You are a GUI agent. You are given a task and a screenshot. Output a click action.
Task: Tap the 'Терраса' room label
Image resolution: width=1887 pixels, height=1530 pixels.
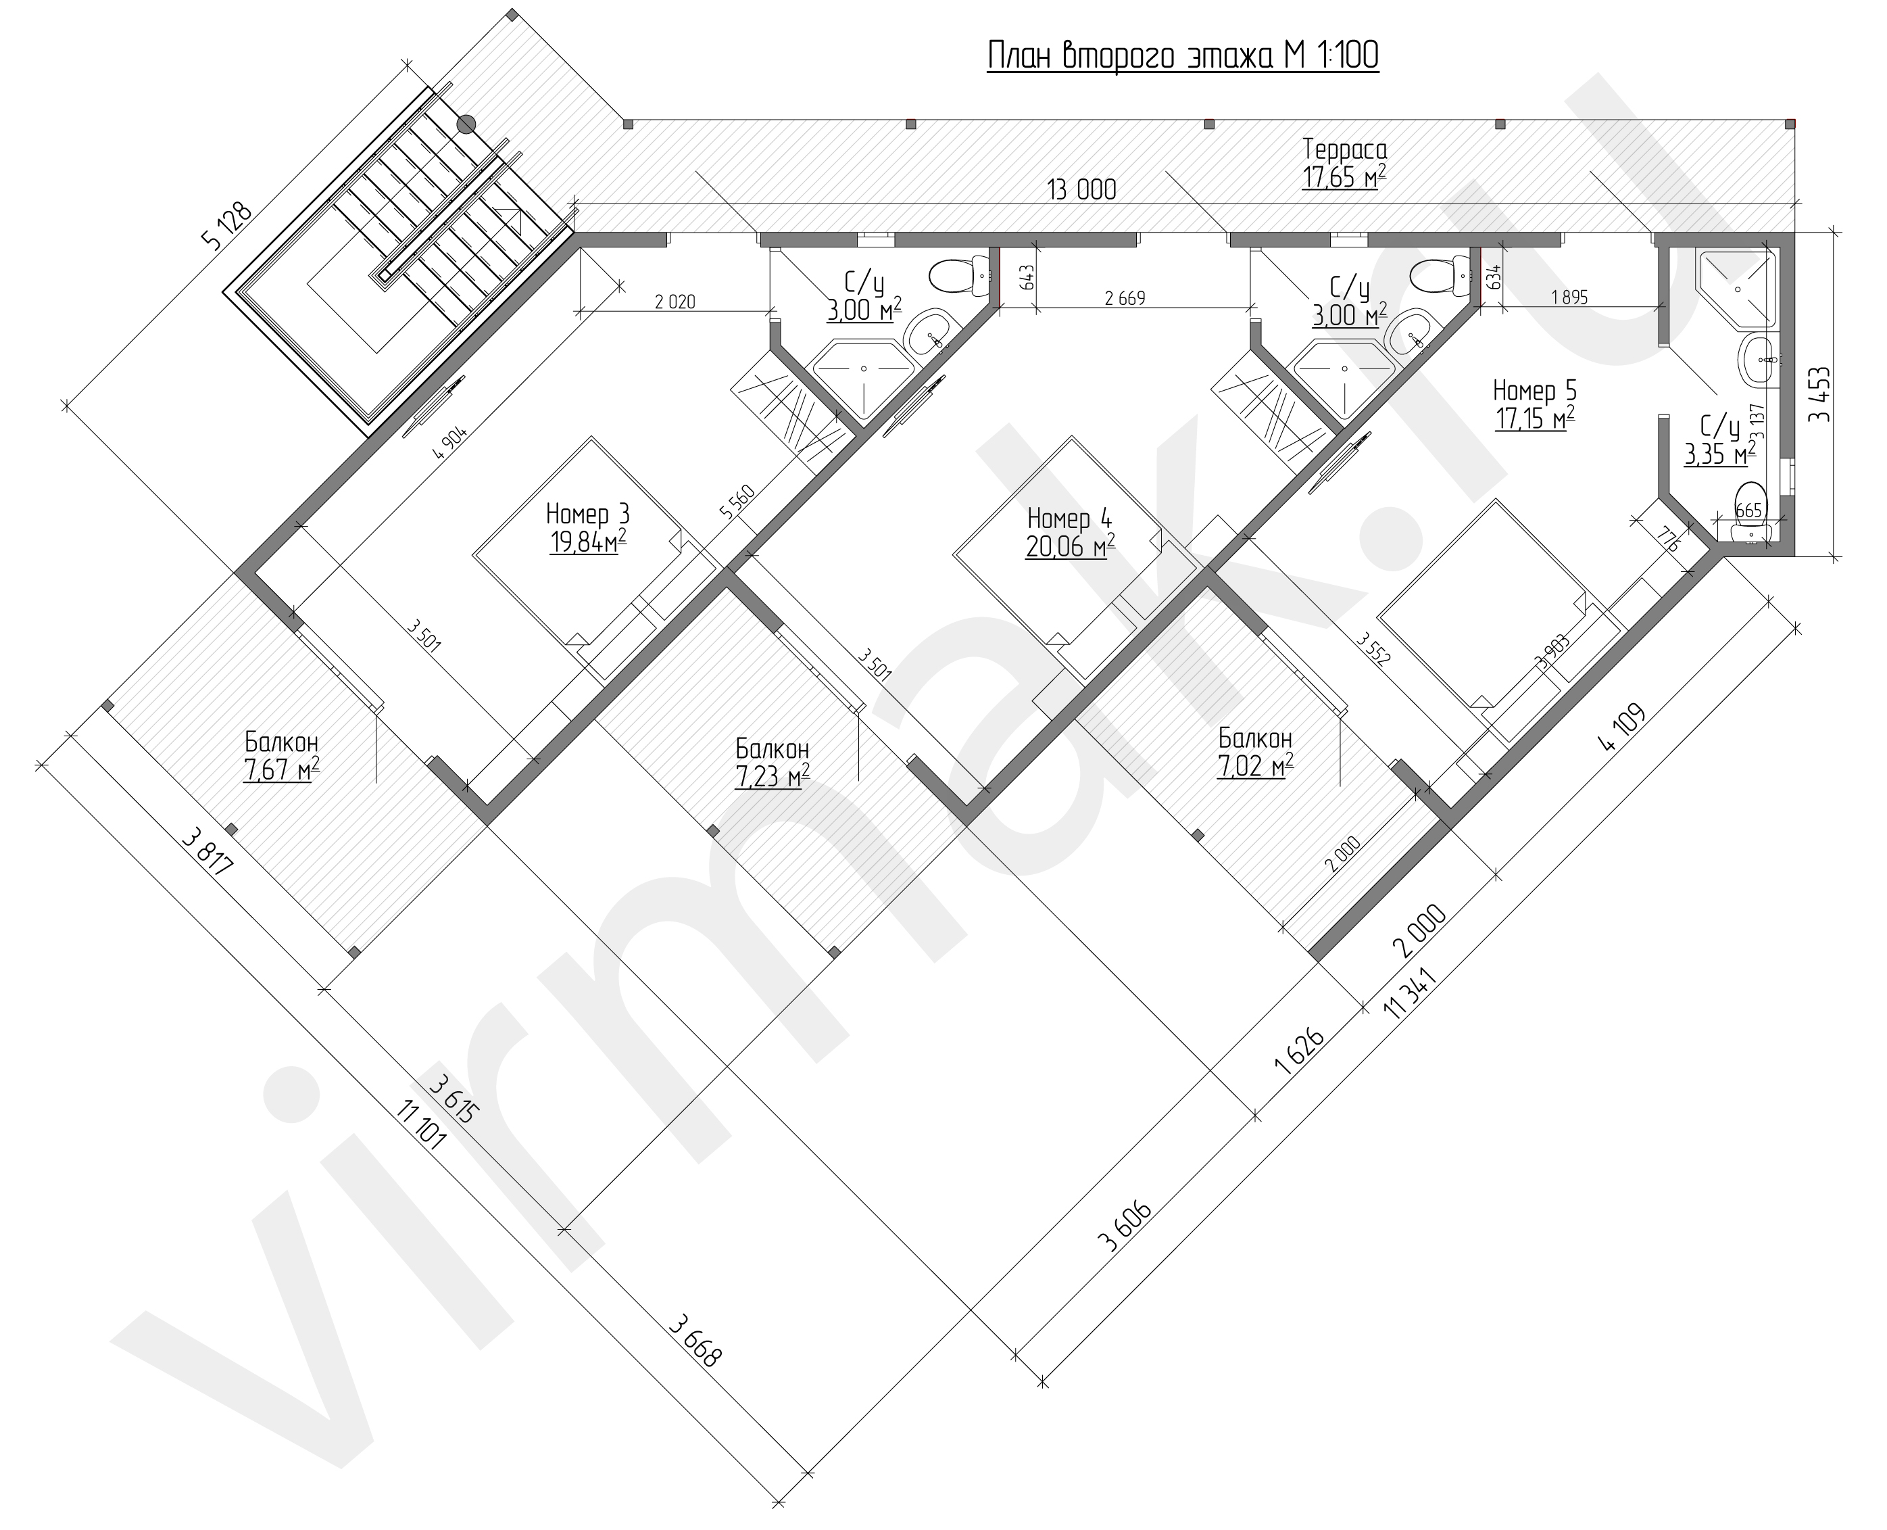pos(1344,147)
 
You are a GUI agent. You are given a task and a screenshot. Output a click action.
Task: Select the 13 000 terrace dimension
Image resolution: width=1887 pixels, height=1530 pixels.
pos(1082,189)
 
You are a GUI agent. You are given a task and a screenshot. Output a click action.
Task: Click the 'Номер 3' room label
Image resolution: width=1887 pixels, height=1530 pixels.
pos(587,513)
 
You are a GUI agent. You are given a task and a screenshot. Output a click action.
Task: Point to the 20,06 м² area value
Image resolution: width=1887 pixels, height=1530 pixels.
pos(1069,548)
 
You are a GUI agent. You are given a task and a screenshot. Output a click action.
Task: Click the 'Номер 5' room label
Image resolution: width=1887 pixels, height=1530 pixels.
pos(1535,389)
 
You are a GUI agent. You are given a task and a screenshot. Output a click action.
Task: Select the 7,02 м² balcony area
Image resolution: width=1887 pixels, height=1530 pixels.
pos(1255,765)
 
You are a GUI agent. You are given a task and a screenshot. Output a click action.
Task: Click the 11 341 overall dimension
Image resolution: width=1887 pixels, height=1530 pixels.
pos(1411,993)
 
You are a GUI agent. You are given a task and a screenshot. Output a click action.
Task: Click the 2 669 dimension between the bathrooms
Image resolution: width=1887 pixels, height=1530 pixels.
pos(1125,298)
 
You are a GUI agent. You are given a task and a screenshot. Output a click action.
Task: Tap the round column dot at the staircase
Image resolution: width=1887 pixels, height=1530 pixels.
pos(466,124)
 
